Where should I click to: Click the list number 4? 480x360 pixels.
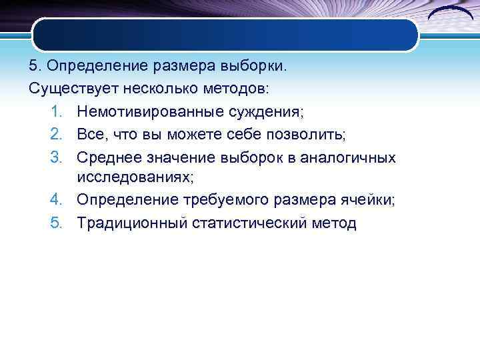tap(55, 200)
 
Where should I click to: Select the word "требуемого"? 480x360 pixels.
tap(223, 200)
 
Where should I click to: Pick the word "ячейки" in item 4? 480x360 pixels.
tap(368, 200)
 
